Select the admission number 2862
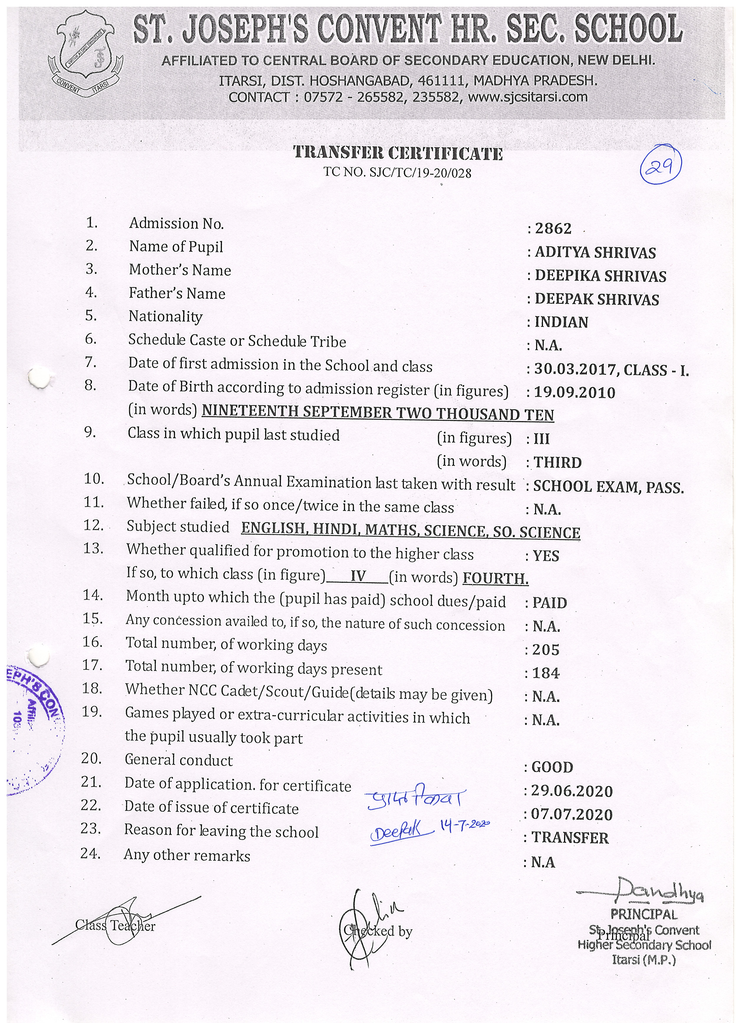553,229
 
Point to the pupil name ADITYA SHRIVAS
595,253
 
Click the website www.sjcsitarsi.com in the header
528,97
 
